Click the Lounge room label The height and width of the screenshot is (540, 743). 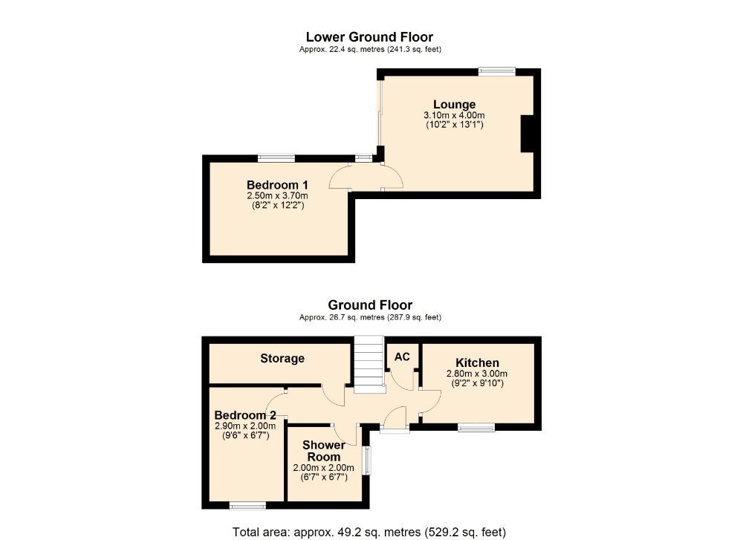click(x=454, y=104)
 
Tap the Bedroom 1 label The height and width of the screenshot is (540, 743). click(x=277, y=184)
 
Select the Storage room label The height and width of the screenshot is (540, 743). click(x=282, y=358)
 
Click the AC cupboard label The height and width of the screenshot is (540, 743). click(x=402, y=357)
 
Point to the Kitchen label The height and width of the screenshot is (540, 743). click(x=476, y=362)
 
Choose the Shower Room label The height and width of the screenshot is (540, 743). click(x=324, y=451)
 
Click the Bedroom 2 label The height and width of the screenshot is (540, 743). click(x=245, y=414)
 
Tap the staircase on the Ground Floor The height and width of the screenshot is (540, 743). click(x=368, y=364)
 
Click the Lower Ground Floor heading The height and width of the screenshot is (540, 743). click(x=369, y=36)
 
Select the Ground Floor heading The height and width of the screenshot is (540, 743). click(x=370, y=305)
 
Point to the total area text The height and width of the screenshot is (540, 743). click(x=369, y=532)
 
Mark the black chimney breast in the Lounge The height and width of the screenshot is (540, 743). click(x=527, y=134)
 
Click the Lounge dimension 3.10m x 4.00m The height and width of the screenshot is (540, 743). click(x=454, y=115)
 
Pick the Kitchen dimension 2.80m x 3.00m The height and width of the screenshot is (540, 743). click(x=476, y=374)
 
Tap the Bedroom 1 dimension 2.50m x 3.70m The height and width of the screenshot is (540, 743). click(x=277, y=195)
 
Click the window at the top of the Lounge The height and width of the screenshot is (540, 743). click(x=496, y=71)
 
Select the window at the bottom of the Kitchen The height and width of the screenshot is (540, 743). click(x=476, y=427)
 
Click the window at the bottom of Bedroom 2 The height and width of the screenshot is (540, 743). click(x=247, y=506)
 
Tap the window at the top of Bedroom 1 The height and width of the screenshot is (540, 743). click(x=276, y=157)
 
